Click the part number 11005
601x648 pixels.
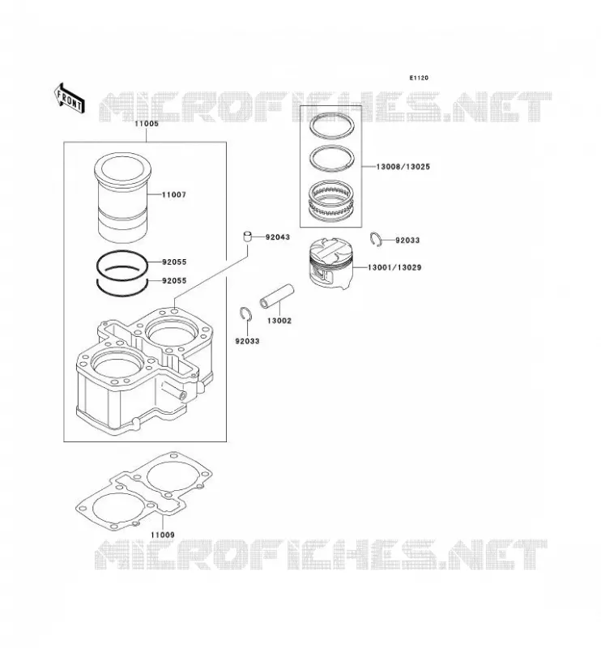click(147, 124)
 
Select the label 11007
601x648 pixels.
click(174, 194)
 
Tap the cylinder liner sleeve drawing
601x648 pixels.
click(123, 197)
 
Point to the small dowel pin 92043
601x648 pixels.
click(247, 237)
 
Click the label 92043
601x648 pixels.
click(278, 237)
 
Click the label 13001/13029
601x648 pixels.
click(394, 267)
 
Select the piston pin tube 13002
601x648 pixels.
click(276, 296)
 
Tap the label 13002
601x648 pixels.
click(279, 321)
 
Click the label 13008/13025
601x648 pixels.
click(403, 167)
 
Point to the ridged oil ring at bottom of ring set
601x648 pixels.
click(331, 199)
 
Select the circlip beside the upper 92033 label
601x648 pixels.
click(376, 240)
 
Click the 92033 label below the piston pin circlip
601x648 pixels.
click(247, 341)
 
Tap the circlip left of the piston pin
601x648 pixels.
click(246, 313)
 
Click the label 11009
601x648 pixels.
click(163, 535)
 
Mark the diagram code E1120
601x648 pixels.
click(419, 78)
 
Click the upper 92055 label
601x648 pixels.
click(174, 262)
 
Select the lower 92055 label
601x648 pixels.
click(174, 280)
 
